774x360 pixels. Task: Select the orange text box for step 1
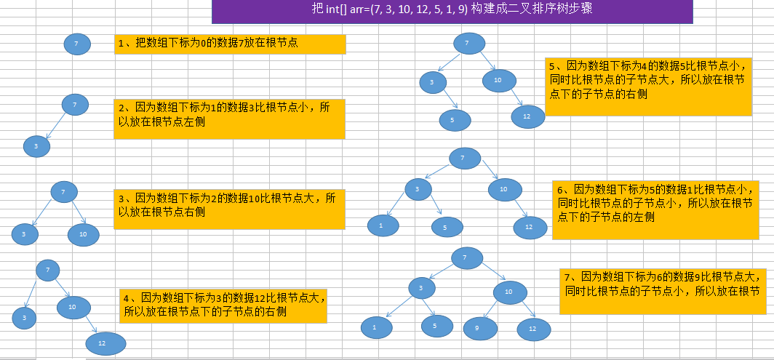(230, 44)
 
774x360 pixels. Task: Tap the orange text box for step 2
(230, 119)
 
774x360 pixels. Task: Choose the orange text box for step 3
(230, 209)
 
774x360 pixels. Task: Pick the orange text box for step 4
(223, 305)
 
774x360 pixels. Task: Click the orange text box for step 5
(648, 87)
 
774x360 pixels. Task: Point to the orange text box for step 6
(653, 209)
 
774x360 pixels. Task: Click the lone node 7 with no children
(77, 44)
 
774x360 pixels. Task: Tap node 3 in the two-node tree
(36, 147)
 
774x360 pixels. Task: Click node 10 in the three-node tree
(84, 234)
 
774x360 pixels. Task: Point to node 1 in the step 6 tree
(380, 225)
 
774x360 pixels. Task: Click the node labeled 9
(476, 329)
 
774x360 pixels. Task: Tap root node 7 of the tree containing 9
(466, 257)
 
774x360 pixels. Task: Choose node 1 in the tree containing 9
(375, 328)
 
